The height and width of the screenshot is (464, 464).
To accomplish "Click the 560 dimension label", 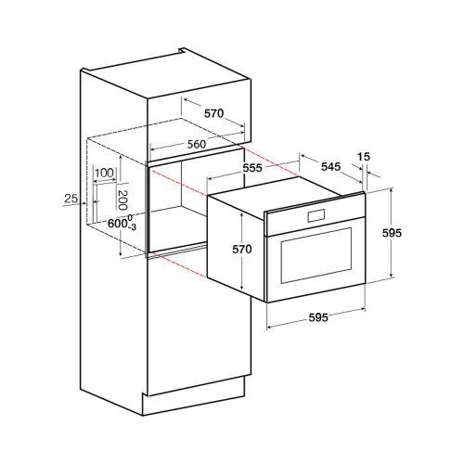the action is (x=197, y=144).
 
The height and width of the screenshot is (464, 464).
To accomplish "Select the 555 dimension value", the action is (x=252, y=168).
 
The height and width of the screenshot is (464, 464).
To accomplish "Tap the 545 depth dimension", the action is (x=330, y=167).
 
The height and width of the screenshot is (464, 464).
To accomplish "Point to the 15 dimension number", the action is (x=364, y=157).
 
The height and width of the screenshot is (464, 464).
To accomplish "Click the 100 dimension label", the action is (x=105, y=173).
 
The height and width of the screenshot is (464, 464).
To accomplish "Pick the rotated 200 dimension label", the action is (x=122, y=200).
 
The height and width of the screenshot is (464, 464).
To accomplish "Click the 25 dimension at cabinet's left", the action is (x=71, y=199).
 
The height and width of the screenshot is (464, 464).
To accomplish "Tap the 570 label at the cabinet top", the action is (x=213, y=113).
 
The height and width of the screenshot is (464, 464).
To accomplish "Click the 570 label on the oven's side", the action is (x=242, y=250).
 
